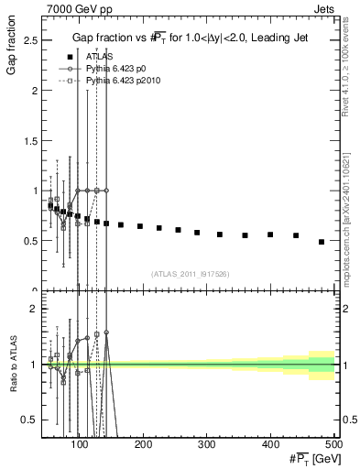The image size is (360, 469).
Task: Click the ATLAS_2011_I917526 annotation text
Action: pos(191,274)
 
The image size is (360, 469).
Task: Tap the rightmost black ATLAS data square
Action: pos(321,242)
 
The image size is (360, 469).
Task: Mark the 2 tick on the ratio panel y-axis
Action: pos(34,310)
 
